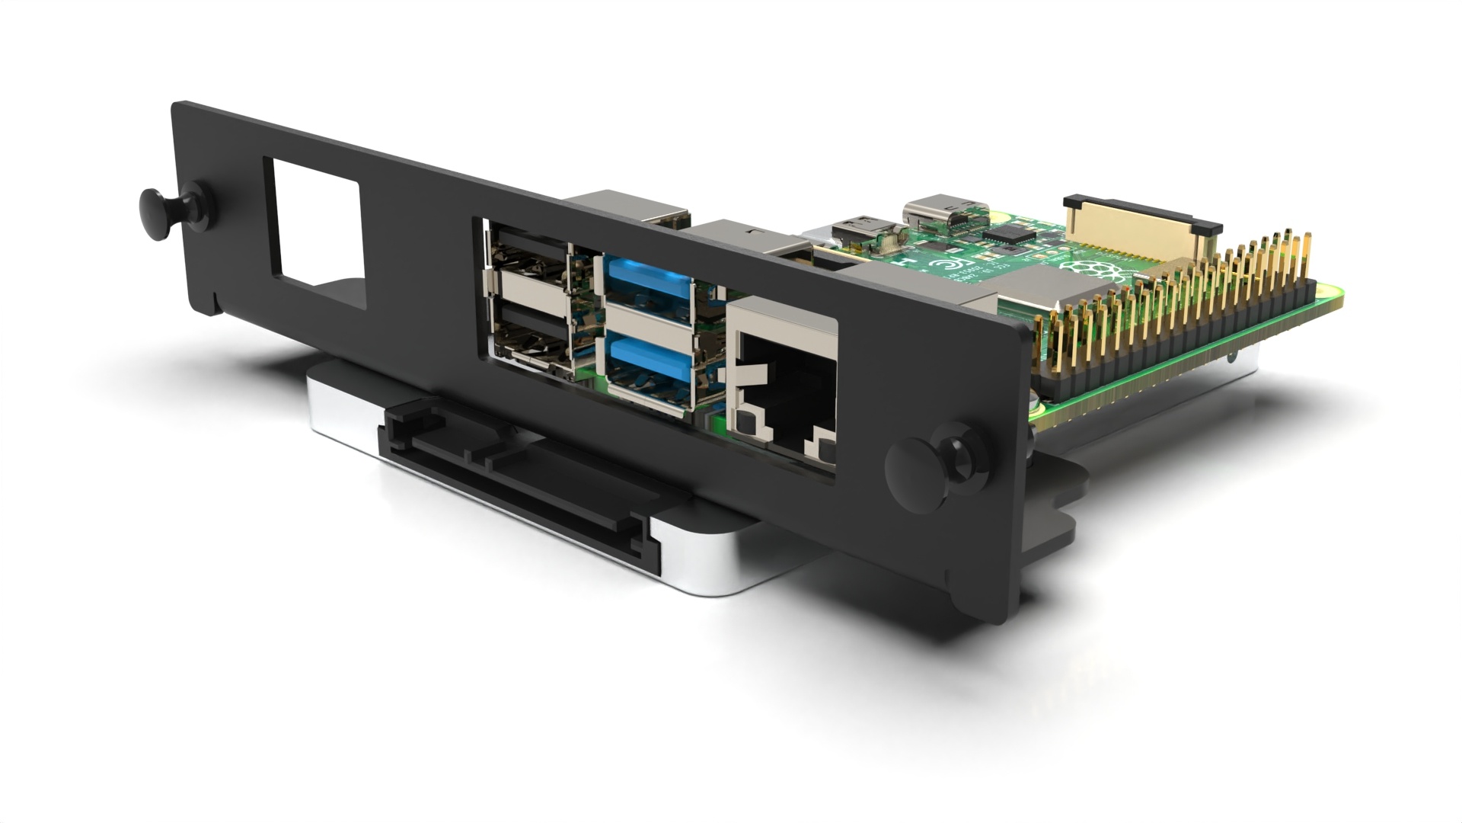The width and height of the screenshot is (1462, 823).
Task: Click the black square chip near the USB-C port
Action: click(1011, 234)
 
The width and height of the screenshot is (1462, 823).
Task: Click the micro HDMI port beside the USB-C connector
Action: click(864, 227)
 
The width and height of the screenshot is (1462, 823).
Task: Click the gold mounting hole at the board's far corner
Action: click(1326, 290)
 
